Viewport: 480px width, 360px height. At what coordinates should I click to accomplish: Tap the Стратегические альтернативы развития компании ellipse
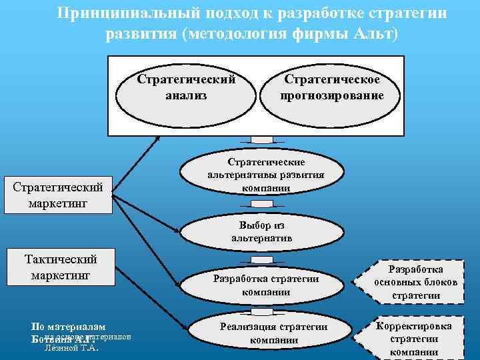(266, 175)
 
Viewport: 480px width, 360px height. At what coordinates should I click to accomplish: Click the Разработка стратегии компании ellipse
(266, 285)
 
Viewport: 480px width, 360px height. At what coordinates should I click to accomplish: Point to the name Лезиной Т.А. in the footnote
(71, 347)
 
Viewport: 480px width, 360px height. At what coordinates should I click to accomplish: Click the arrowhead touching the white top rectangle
(157, 137)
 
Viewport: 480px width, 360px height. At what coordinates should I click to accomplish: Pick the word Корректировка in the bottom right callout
(414, 326)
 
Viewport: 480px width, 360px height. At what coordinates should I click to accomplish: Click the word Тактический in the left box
(61, 259)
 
